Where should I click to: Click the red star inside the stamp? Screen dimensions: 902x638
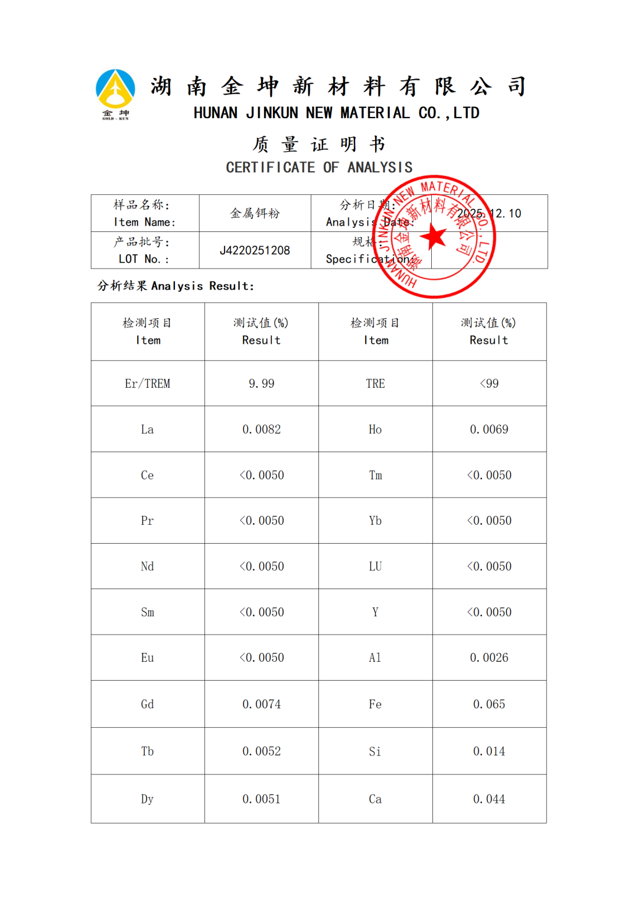[434, 236]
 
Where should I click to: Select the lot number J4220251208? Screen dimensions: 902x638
[255, 250]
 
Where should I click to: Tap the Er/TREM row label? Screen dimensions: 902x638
[148, 384]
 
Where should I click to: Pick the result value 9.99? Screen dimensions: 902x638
[262, 384]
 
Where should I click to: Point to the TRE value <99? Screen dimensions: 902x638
[489, 384]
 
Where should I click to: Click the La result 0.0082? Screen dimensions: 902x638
[262, 429]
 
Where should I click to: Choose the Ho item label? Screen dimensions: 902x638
[375, 429]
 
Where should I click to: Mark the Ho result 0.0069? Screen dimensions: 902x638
[489, 429]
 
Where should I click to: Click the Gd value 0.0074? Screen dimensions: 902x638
[262, 704]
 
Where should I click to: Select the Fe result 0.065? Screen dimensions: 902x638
[489, 704]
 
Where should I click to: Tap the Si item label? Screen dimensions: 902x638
[375, 751]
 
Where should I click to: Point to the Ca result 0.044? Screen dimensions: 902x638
[489, 799]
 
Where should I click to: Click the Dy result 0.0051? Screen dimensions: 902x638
[262, 799]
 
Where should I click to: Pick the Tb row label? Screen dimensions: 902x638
[148, 751]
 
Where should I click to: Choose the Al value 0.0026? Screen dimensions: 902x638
[489, 658]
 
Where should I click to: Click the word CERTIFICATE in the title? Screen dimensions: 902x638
[271, 168]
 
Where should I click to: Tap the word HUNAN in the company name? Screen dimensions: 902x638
[216, 113]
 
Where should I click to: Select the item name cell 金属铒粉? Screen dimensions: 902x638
[255, 213]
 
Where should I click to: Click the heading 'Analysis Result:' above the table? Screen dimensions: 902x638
[203, 286]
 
